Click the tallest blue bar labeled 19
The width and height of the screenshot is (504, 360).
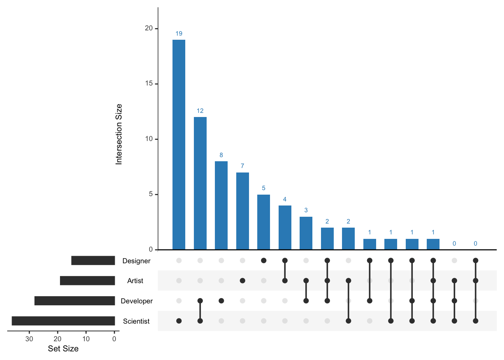click(x=179, y=144)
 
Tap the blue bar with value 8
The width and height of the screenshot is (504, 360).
click(x=221, y=205)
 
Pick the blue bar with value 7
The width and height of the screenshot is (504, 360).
click(x=242, y=211)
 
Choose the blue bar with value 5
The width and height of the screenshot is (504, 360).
click(x=264, y=222)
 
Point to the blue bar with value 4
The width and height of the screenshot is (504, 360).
click(x=285, y=227)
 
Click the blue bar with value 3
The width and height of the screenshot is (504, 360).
click(x=306, y=233)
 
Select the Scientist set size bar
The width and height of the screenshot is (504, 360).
click(x=63, y=321)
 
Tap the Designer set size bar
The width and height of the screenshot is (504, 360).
click(x=93, y=261)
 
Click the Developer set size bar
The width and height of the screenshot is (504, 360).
click(x=75, y=301)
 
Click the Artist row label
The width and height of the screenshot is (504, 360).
click(x=135, y=281)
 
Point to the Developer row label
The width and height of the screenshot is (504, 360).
click(x=136, y=301)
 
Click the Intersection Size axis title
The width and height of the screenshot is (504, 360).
click(x=119, y=134)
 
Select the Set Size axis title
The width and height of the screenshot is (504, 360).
click(x=63, y=349)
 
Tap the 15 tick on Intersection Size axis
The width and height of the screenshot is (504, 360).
click(x=149, y=84)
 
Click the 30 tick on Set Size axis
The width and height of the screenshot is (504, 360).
click(x=29, y=339)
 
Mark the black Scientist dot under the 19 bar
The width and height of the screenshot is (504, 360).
click(x=179, y=321)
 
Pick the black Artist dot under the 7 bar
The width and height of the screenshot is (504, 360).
click(x=242, y=280)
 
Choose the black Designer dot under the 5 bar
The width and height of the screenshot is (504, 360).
click(x=264, y=260)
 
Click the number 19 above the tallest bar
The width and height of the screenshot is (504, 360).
click(x=179, y=34)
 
